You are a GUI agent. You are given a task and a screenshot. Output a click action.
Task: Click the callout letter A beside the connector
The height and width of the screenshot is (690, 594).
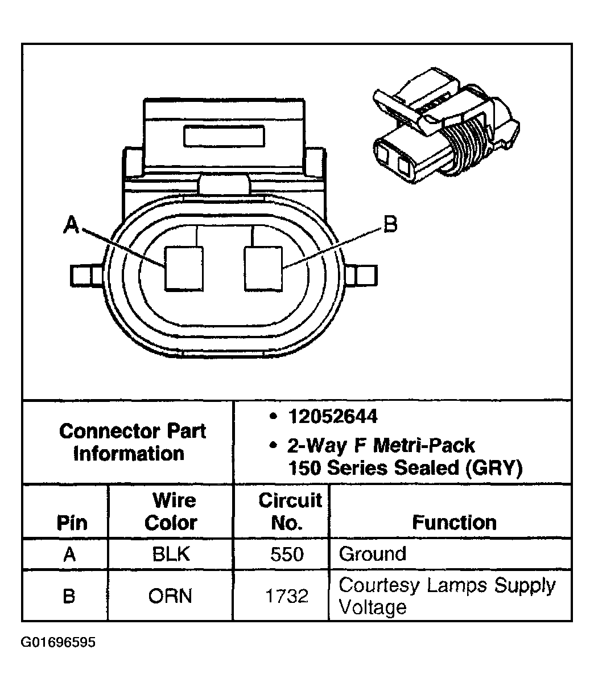(x=71, y=225)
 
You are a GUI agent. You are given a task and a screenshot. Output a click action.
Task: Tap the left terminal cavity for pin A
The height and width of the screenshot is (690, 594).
(x=183, y=268)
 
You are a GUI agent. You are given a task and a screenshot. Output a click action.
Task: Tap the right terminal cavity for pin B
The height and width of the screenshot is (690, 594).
(x=263, y=268)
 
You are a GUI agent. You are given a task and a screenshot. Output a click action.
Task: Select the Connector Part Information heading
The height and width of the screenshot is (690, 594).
(x=132, y=442)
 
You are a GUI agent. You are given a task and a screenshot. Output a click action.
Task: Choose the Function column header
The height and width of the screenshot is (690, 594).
(x=454, y=522)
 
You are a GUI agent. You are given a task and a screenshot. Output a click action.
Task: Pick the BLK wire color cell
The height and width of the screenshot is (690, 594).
(x=171, y=554)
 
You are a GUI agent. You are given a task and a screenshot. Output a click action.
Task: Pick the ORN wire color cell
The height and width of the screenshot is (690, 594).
(x=171, y=596)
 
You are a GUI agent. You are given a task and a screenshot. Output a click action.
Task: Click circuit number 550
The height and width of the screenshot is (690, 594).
(x=287, y=554)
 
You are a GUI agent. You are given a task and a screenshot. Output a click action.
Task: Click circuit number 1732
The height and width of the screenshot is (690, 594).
(x=287, y=596)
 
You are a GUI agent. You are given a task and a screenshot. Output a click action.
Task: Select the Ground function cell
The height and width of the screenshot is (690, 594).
(x=373, y=554)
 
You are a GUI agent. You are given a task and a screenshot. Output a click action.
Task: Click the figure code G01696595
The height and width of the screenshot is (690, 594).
(x=59, y=643)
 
